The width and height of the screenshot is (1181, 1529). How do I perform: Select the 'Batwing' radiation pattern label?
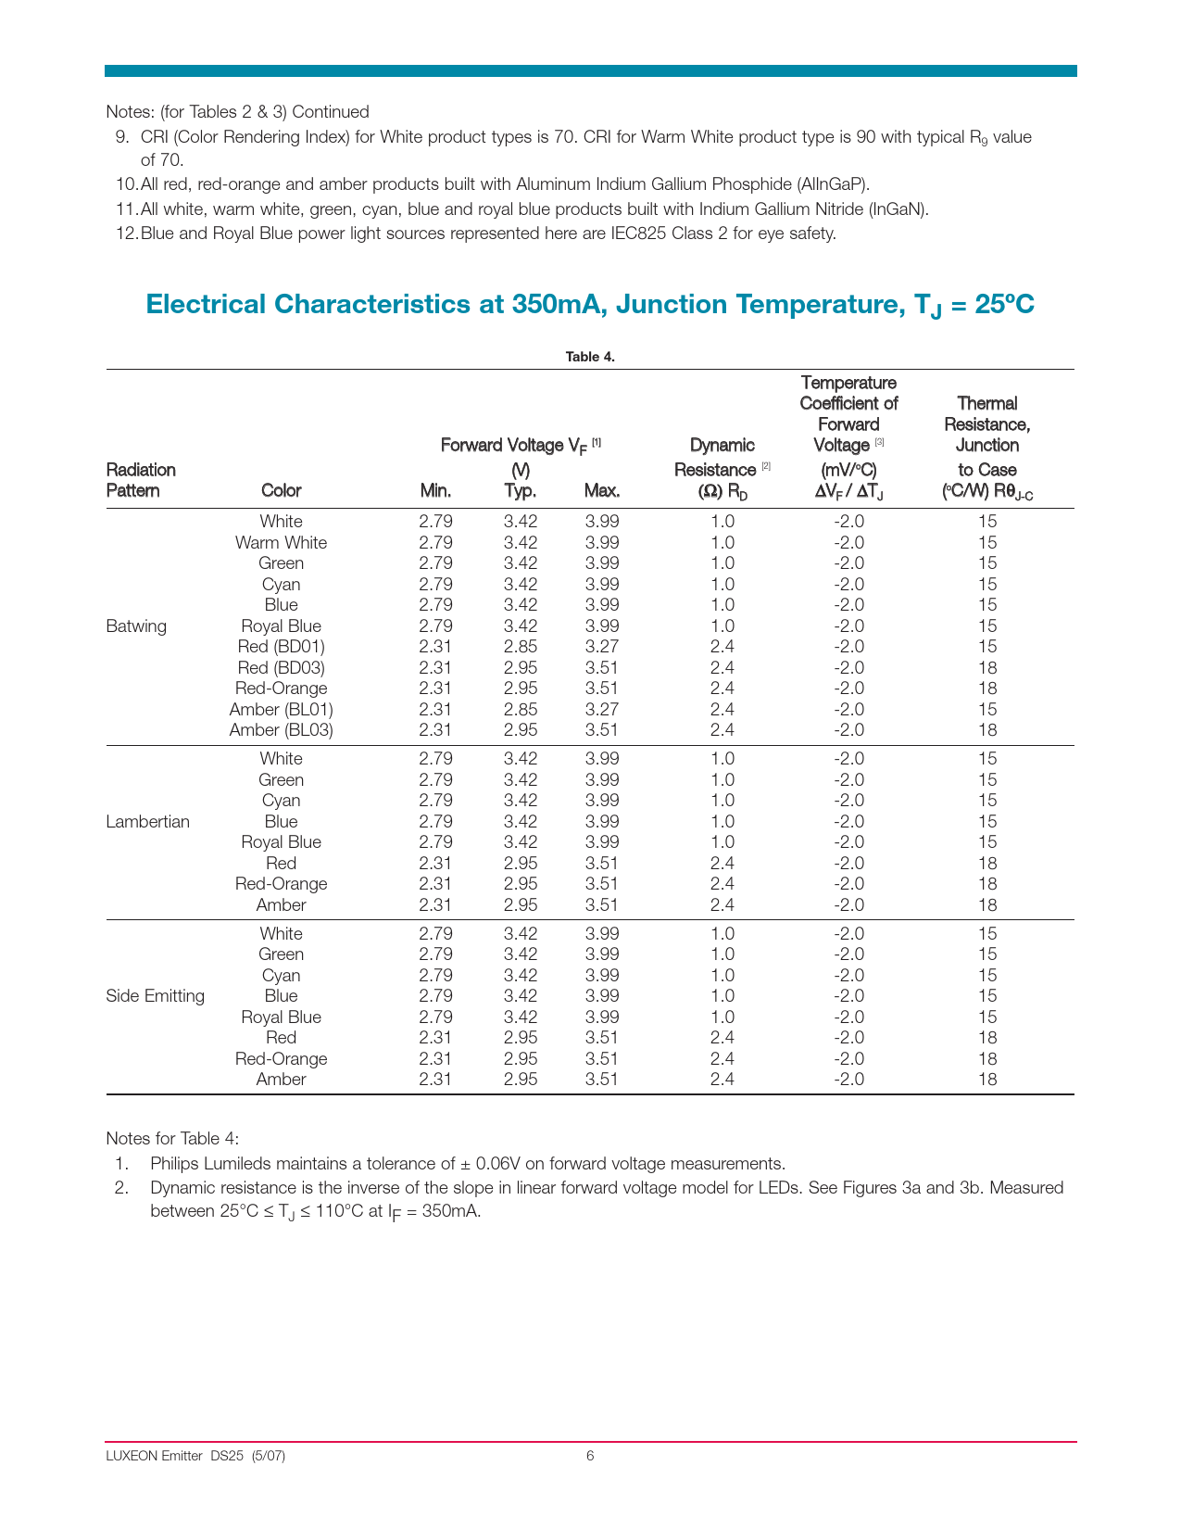[136, 626]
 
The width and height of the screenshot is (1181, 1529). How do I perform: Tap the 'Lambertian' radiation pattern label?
[148, 822]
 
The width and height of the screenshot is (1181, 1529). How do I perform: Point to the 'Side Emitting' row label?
[156, 996]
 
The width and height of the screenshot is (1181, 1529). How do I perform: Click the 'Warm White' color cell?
[281, 543]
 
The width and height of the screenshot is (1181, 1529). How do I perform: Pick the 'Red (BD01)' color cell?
[281, 647]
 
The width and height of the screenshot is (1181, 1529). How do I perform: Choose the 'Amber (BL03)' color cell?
[281, 730]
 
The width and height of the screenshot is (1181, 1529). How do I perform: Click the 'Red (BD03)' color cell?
[281, 668]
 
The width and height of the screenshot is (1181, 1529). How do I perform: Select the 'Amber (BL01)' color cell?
[281, 710]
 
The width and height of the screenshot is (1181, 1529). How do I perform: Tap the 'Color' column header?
[281, 490]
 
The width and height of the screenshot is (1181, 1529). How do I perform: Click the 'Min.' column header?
[435, 490]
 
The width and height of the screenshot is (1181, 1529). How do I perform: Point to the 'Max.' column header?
[602, 490]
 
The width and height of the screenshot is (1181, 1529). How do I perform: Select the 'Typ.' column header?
[521, 490]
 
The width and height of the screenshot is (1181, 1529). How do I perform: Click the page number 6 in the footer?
[590, 1456]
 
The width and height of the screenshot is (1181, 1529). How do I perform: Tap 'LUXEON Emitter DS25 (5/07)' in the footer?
[195, 1456]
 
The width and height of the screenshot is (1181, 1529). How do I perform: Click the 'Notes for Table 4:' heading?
[172, 1138]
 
